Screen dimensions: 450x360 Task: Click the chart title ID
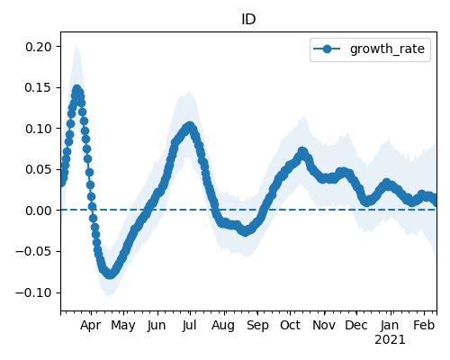click(x=248, y=20)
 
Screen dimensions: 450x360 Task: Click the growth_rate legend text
click(x=387, y=49)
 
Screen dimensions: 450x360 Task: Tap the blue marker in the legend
click(x=327, y=49)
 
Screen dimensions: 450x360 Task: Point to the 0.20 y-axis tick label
click(x=39, y=47)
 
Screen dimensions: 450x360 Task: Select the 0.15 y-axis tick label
click(x=39, y=87)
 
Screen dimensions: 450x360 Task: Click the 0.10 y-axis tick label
click(x=39, y=129)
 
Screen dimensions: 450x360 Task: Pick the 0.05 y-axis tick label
click(x=39, y=169)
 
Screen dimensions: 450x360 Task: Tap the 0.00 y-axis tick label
click(x=39, y=211)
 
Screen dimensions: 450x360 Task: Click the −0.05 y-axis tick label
click(x=34, y=251)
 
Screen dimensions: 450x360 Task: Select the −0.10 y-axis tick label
click(x=34, y=292)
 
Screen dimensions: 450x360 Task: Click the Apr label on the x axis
click(x=90, y=326)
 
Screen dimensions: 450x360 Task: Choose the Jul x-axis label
click(x=189, y=325)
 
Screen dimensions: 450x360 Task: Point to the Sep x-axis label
click(x=257, y=326)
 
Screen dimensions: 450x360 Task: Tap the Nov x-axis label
click(x=324, y=325)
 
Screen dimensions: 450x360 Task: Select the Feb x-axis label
click(x=424, y=325)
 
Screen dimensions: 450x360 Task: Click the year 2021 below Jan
click(x=390, y=340)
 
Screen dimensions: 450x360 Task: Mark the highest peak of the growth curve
click(x=77, y=89)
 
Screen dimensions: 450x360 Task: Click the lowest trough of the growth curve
click(x=110, y=274)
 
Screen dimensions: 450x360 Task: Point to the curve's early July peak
click(x=190, y=126)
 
